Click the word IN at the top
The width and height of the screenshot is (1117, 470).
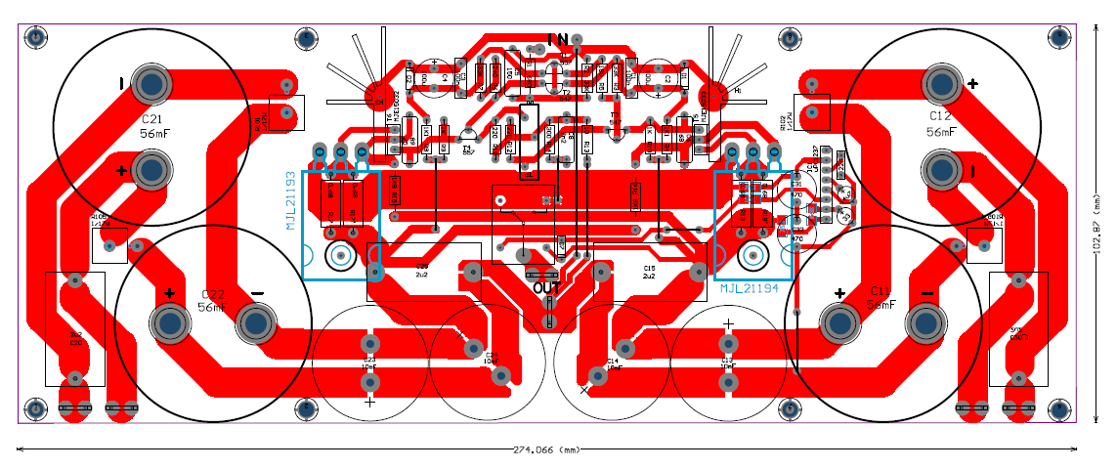tap(558, 40)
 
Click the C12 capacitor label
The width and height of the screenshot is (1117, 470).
tap(940, 115)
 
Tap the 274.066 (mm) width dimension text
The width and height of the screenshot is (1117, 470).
tap(547, 450)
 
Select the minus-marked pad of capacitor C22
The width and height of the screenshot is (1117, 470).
tap(257, 321)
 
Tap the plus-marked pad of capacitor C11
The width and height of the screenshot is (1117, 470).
tap(838, 323)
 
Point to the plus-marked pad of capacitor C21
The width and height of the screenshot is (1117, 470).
tap(151, 171)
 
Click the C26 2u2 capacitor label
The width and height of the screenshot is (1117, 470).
tap(422, 271)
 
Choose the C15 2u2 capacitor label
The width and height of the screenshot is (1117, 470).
tap(648, 271)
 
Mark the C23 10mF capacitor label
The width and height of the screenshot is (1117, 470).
tap(369, 363)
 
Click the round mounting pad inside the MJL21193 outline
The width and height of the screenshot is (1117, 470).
tap(341, 256)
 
